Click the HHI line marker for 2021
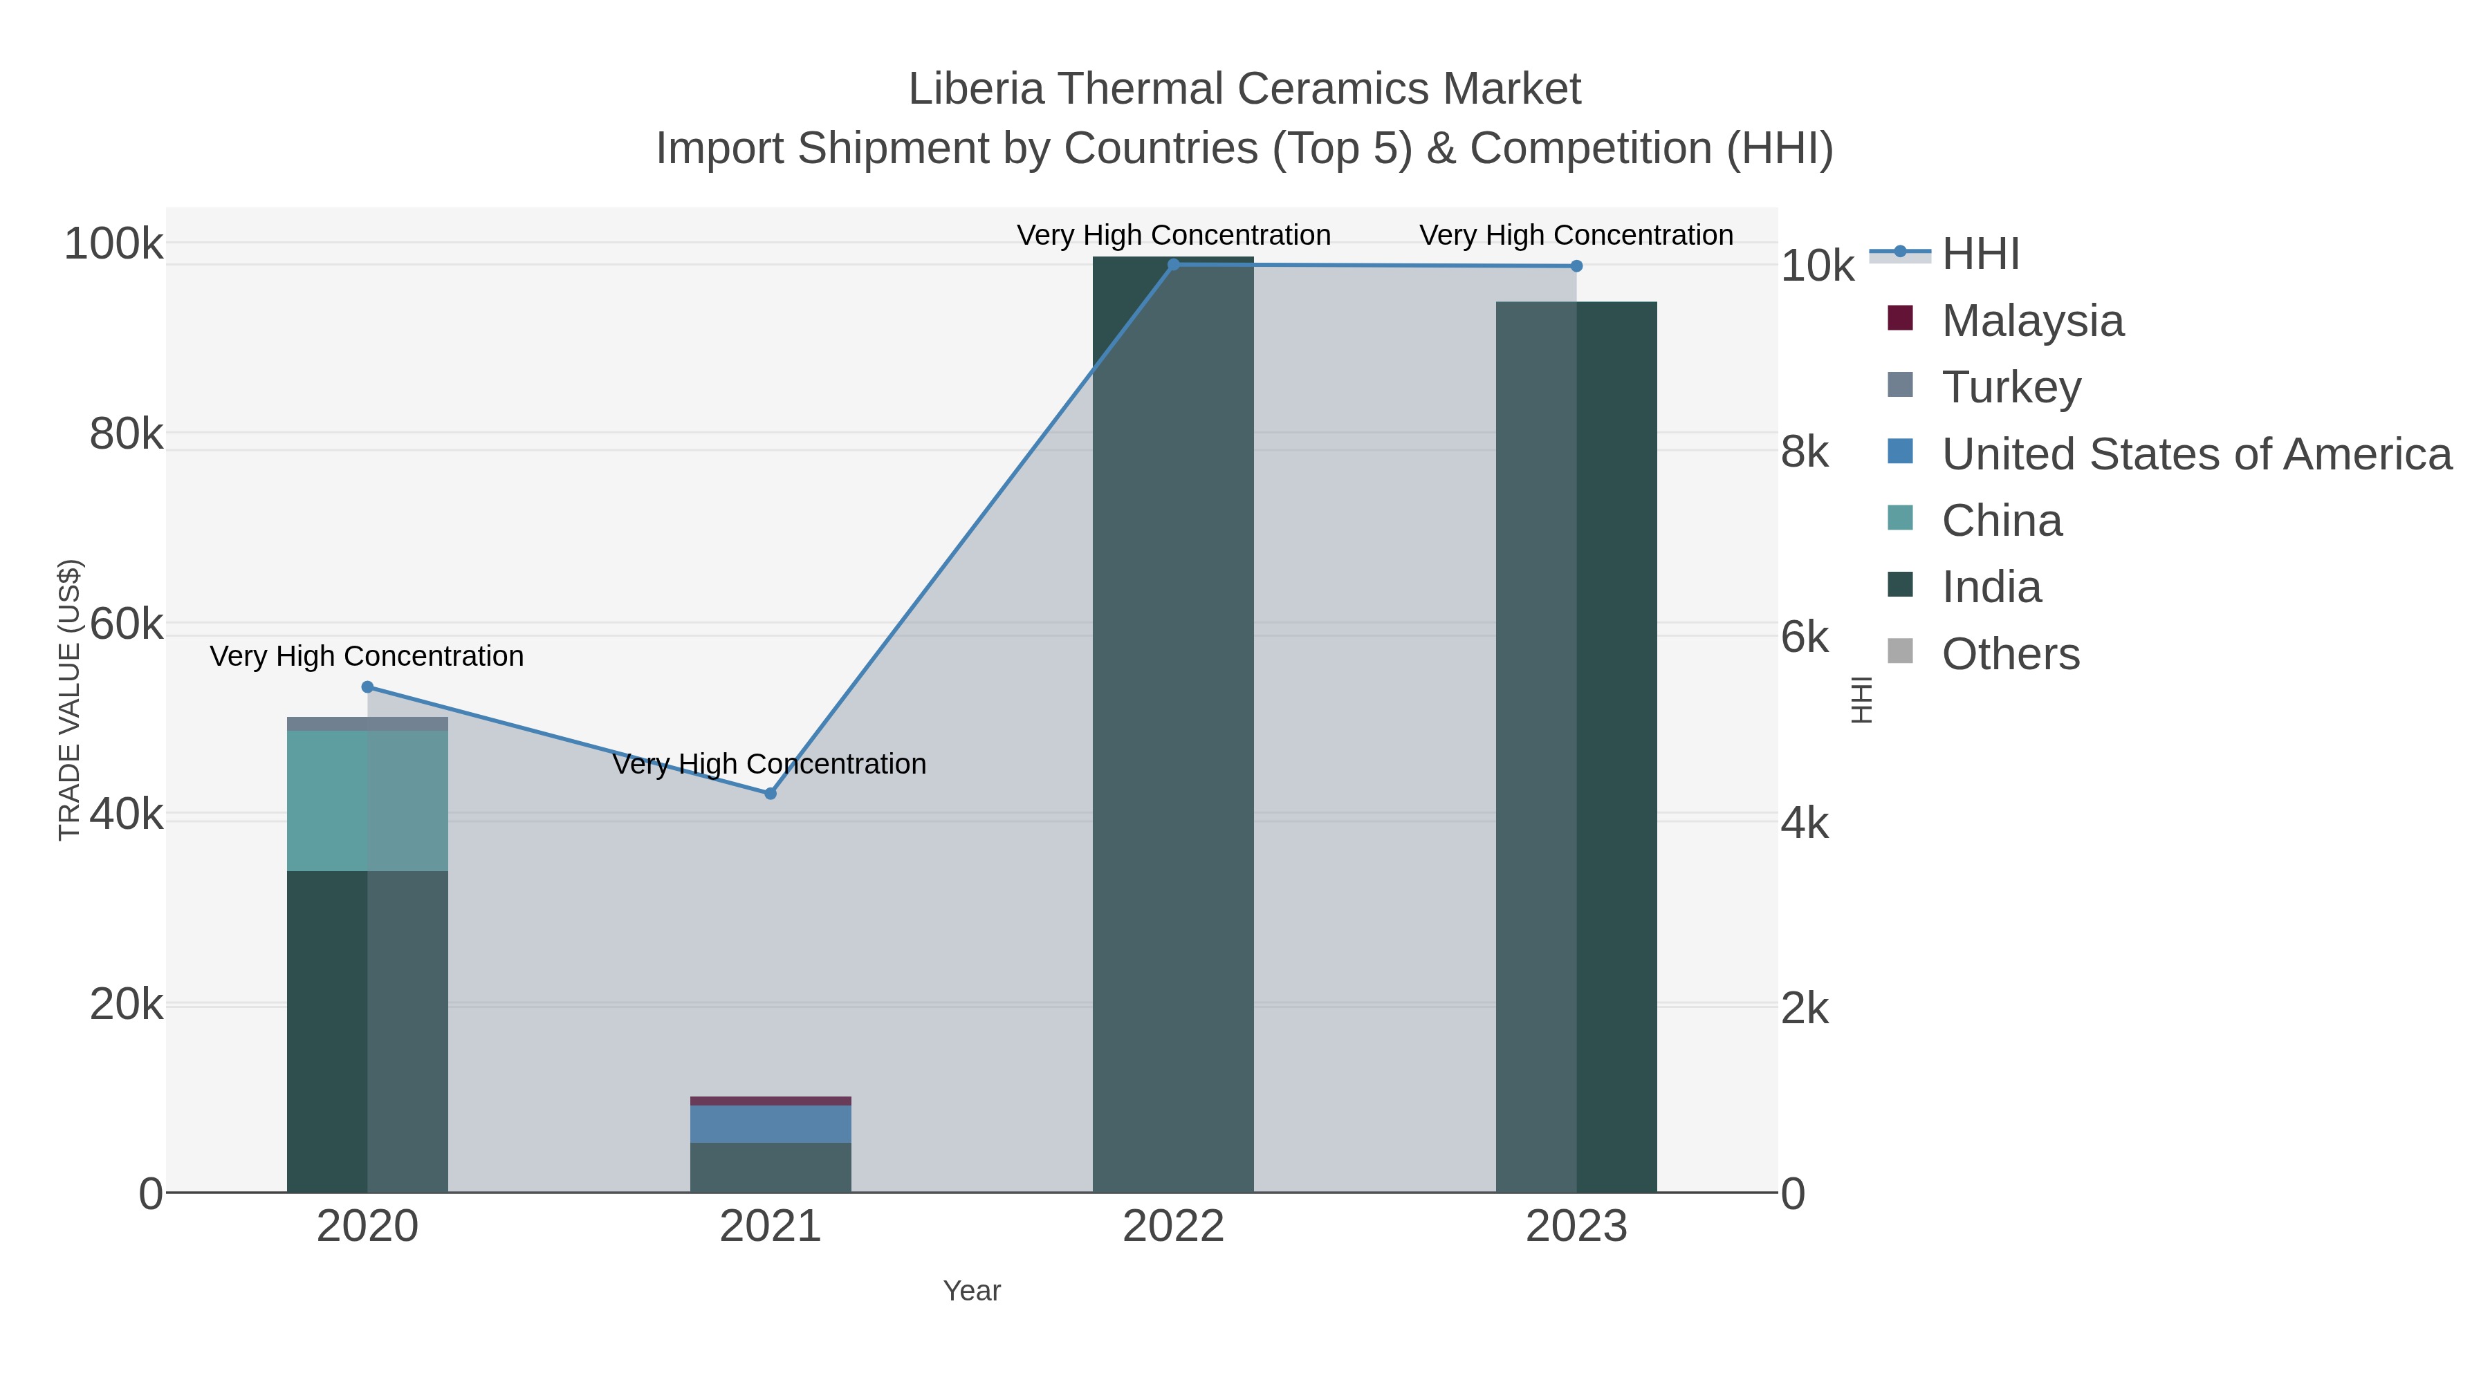771,793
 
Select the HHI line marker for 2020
367,687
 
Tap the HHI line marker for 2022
1174,264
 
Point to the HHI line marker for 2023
1576,265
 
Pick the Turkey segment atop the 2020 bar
367,724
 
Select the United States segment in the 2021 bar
771,1123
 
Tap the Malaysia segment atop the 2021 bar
771,1101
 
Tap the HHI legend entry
1980,254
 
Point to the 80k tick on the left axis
126,433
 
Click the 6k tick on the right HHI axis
1805,637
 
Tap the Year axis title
972,1291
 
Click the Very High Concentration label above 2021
769,763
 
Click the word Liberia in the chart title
976,89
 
